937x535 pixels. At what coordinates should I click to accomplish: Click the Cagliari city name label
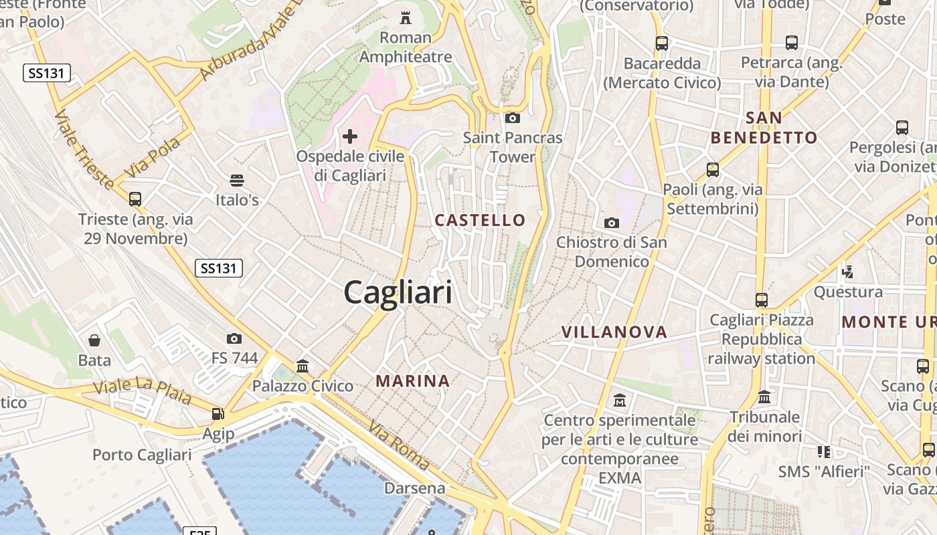click(x=398, y=293)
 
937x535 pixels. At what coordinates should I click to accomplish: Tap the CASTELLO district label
click(x=480, y=220)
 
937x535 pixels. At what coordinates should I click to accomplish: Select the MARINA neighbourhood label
click(x=412, y=381)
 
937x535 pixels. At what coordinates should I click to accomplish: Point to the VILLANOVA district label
click(x=614, y=332)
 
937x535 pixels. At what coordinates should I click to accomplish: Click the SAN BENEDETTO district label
click(x=764, y=128)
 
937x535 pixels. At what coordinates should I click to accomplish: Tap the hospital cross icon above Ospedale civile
click(x=350, y=137)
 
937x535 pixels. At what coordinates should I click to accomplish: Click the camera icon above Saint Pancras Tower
click(x=513, y=118)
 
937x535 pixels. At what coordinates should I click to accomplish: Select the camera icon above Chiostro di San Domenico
click(x=611, y=223)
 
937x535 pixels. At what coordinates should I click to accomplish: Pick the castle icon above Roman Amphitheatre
click(x=406, y=17)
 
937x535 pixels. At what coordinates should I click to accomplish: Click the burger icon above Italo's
click(x=236, y=180)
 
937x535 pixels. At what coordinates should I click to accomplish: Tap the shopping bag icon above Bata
click(x=94, y=340)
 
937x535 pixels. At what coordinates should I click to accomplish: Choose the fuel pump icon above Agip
click(x=218, y=414)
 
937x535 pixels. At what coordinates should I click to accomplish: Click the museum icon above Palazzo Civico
click(x=303, y=366)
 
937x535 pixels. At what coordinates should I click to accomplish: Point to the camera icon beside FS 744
click(x=234, y=338)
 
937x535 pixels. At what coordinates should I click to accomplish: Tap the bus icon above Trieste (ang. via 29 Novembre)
click(x=135, y=199)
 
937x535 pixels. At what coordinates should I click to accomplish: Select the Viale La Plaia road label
click(x=143, y=392)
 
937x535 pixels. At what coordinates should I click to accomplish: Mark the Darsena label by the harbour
click(x=414, y=488)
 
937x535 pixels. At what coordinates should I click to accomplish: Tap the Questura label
click(x=848, y=292)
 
